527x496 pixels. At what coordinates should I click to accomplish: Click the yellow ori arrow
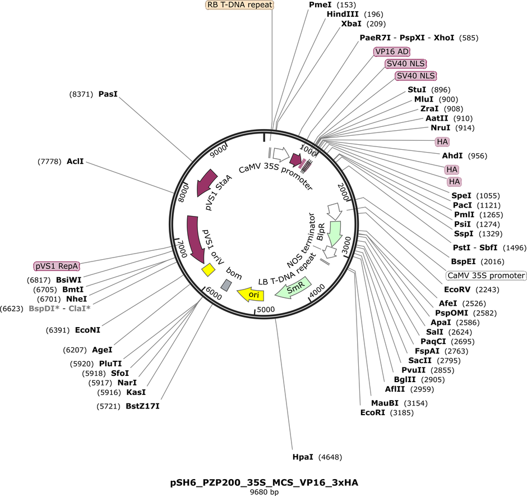tap(251, 295)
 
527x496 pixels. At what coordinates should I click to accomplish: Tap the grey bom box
tap(226, 286)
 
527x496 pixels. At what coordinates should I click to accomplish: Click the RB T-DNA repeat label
tap(239, 4)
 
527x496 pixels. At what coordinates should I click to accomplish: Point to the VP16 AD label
tap(392, 52)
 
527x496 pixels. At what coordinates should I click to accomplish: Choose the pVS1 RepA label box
tap(57, 266)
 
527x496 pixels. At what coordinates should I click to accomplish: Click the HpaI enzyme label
tap(303, 457)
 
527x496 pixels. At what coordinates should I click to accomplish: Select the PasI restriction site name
tap(108, 94)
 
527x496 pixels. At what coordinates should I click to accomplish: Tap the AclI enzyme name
tap(75, 162)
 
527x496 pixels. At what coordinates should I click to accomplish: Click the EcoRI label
tap(372, 412)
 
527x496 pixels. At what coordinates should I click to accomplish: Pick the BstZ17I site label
tap(142, 406)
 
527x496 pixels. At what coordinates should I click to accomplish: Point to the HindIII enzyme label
tap(343, 14)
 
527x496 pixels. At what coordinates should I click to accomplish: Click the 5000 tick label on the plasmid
tap(266, 309)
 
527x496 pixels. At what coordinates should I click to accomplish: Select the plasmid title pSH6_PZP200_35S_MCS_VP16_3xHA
tap(264, 483)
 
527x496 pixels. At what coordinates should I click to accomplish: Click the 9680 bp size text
tap(264, 492)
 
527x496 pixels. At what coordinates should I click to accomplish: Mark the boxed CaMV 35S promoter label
tap(486, 275)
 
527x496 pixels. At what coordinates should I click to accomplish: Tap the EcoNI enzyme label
tap(87, 330)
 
